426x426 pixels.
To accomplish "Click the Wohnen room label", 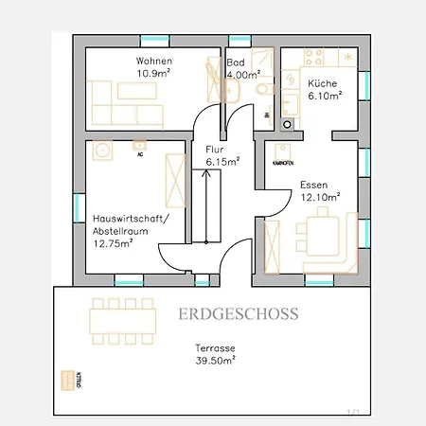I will tap(154, 62).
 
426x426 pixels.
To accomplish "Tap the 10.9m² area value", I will tap(153, 73).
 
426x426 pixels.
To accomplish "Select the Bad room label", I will tap(235, 62).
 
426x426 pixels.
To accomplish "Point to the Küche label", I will tap(323, 84).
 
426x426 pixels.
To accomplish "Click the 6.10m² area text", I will tap(325, 96).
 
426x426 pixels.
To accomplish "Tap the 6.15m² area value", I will tap(222, 161).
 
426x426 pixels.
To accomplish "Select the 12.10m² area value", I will tap(320, 197).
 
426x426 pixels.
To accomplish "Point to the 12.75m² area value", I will tap(113, 242).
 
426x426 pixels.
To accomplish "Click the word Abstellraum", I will tap(121, 230).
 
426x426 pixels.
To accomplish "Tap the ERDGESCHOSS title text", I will tap(238, 313).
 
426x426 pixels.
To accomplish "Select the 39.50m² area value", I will tap(215, 361).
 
